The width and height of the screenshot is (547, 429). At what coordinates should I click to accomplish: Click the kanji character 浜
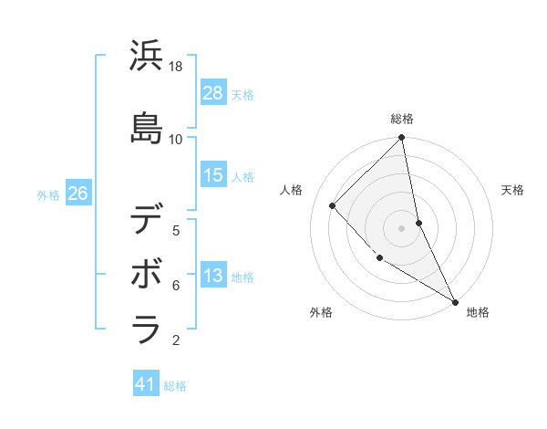(x=147, y=57)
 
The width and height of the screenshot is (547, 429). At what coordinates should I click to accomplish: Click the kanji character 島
(x=147, y=128)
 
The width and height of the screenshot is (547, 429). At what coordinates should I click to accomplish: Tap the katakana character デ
(x=147, y=220)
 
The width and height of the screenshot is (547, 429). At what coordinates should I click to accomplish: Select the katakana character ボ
(x=147, y=275)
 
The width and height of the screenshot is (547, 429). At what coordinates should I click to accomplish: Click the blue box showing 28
(x=213, y=93)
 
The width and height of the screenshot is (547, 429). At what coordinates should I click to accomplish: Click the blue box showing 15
(x=213, y=175)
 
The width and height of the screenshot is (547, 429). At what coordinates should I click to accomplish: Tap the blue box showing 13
(x=213, y=276)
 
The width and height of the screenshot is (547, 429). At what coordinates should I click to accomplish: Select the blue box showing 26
(x=77, y=194)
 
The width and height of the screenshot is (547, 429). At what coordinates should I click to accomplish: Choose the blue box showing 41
(x=147, y=384)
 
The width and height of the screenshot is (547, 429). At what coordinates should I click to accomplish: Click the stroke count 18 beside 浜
(x=176, y=67)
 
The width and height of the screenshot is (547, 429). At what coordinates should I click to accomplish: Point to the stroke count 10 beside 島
(x=176, y=139)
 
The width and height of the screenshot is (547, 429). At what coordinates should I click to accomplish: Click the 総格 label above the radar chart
(x=401, y=119)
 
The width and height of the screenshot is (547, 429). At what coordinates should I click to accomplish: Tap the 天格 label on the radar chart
(x=512, y=190)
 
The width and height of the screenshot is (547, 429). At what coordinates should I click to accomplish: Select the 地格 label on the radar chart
(x=478, y=312)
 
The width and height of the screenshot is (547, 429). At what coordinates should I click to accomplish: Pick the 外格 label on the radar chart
(x=321, y=312)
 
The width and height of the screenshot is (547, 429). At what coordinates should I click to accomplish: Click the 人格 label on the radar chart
(x=292, y=190)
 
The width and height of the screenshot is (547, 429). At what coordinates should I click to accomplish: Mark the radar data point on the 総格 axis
(x=401, y=139)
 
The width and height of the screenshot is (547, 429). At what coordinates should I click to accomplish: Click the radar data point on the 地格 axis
(x=454, y=300)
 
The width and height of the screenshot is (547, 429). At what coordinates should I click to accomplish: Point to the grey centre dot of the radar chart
(x=401, y=227)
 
